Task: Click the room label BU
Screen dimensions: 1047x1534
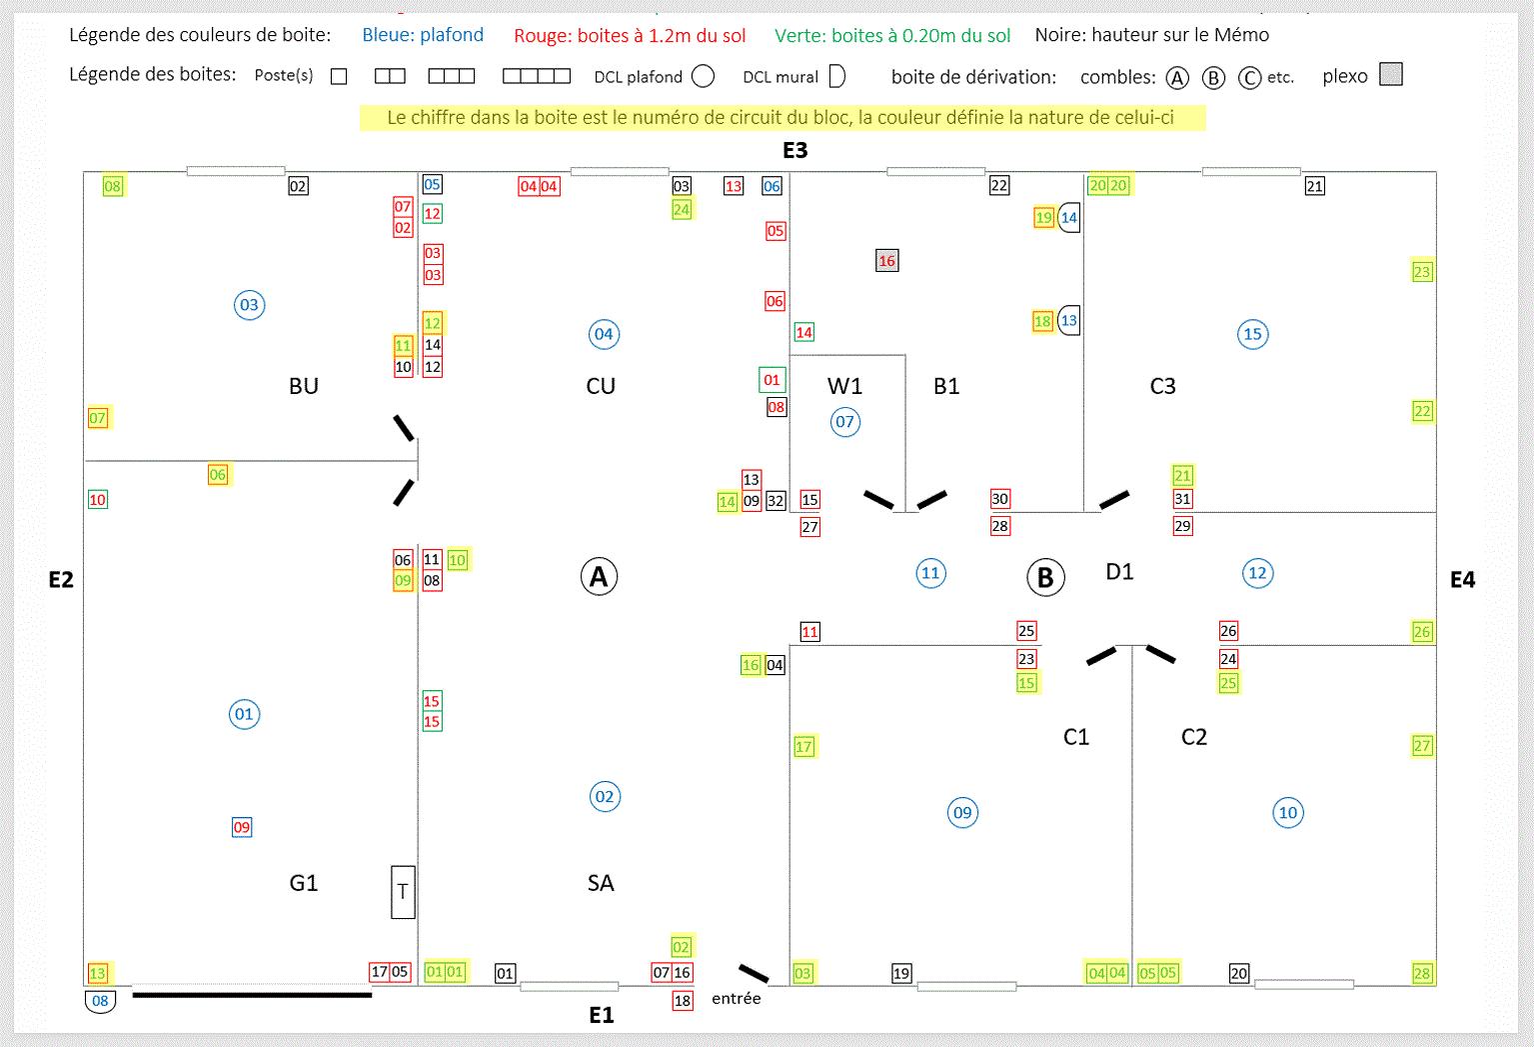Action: [304, 386]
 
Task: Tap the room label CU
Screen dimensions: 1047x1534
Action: [601, 386]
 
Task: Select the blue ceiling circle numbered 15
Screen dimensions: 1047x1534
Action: [1252, 334]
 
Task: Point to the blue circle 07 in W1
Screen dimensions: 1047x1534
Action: [845, 422]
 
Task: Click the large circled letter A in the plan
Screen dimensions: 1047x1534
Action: [599, 576]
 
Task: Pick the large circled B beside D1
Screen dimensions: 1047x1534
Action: [1045, 577]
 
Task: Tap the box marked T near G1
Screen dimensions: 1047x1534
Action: [403, 892]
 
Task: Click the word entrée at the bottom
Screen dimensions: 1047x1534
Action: [737, 998]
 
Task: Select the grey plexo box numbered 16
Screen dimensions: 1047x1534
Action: [886, 261]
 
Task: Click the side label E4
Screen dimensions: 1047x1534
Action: [1462, 580]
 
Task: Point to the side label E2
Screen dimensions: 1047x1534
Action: [61, 580]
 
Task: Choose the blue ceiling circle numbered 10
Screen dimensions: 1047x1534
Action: [1288, 813]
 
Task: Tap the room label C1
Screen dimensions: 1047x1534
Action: [1076, 737]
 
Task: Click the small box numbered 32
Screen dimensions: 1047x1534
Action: [775, 501]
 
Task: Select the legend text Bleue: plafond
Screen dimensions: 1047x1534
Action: [423, 35]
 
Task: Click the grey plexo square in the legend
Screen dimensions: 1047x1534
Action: [1390, 75]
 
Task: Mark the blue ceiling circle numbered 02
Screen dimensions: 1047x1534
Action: [605, 797]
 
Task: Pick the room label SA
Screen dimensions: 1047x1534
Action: [601, 883]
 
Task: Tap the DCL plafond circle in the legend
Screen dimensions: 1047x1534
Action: [704, 76]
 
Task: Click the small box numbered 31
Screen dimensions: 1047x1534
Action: [1182, 499]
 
